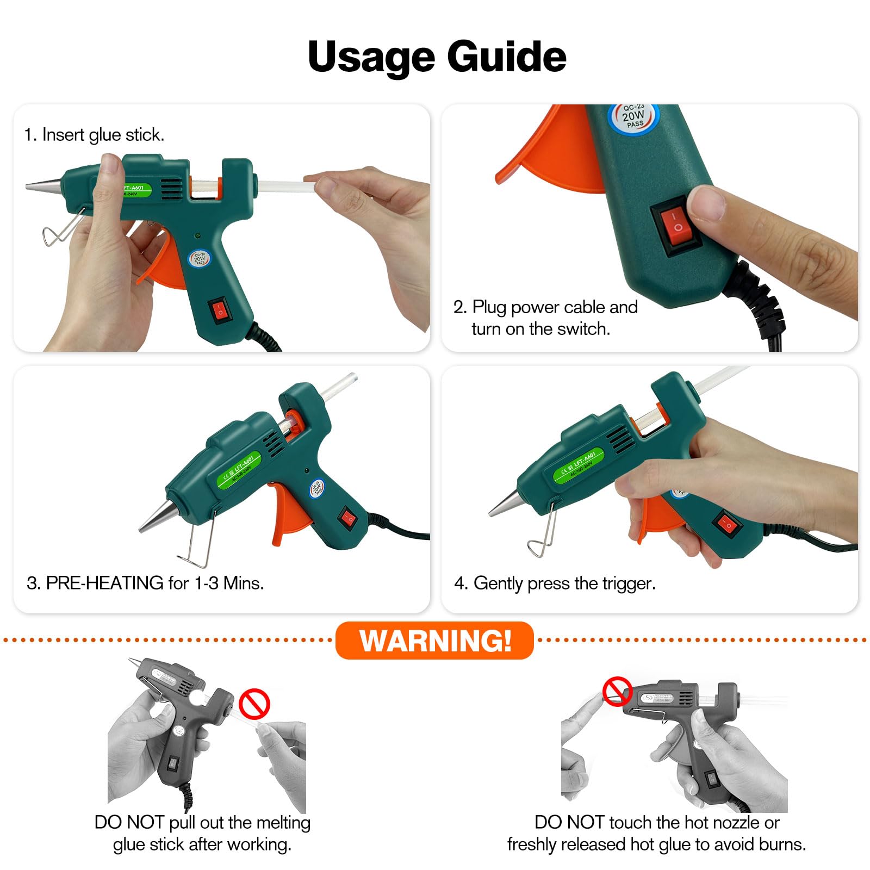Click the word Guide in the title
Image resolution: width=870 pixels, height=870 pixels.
[507, 57]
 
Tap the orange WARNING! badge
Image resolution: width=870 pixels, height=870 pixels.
[435, 640]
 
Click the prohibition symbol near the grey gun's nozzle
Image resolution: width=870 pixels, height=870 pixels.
[617, 692]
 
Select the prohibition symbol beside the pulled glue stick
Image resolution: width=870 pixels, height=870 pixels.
[254, 704]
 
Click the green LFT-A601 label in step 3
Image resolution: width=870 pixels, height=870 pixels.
[239, 469]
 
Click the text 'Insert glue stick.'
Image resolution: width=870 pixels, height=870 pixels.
[103, 135]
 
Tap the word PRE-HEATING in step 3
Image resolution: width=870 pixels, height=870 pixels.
[104, 583]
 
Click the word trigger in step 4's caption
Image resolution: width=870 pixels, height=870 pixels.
[629, 583]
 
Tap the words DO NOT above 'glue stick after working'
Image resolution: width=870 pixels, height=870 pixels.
[129, 822]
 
